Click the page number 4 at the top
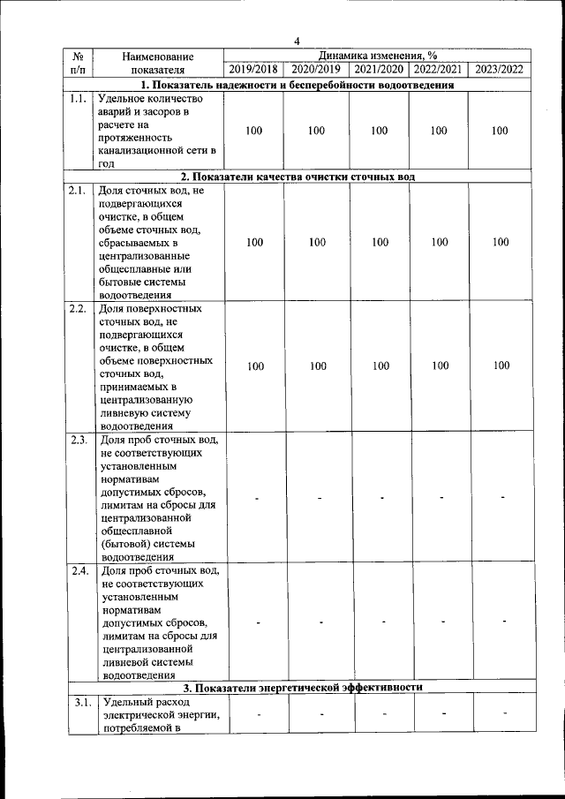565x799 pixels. click(x=298, y=40)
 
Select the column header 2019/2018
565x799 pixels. click(x=253, y=69)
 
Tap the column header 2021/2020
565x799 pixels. click(x=379, y=69)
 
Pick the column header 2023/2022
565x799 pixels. click(x=500, y=69)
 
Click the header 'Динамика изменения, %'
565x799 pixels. click(x=380, y=55)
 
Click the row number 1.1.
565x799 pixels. click(x=77, y=99)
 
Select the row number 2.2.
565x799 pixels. click(x=77, y=309)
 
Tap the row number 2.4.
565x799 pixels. click(x=77, y=569)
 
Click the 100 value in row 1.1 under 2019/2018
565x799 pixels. click(x=254, y=131)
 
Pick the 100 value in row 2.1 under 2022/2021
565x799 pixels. click(x=440, y=242)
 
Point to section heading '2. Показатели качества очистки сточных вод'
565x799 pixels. click(x=298, y=177)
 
